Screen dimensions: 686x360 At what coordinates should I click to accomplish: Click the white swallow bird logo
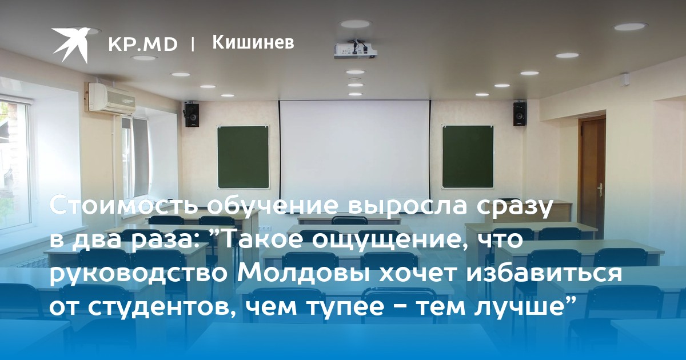click(71, 45)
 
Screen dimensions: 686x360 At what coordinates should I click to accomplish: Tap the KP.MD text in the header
click(143, 45)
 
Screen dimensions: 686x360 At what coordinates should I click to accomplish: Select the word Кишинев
click(253, 42)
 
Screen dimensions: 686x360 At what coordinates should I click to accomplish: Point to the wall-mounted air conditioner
click(112, 98)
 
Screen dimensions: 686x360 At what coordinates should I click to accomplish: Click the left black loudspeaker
click(192, 115)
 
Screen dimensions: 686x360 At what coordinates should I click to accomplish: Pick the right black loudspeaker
click(520, 114)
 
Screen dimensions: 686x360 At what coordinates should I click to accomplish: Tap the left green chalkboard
click(244, 157)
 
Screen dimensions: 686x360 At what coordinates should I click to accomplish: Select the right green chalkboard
click(468, 157)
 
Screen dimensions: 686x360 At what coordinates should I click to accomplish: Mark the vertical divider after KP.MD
click(192, 45)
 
